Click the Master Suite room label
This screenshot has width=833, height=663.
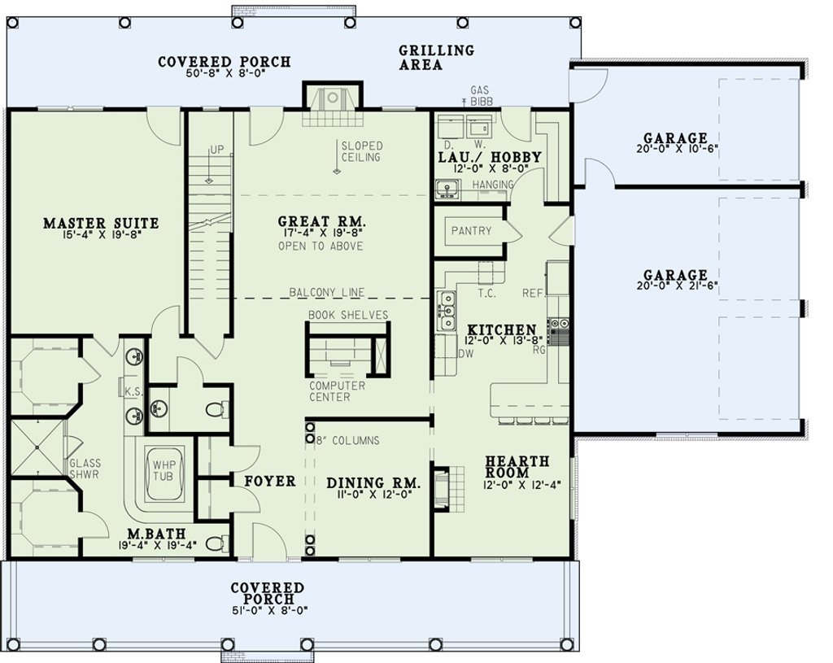[100, 223]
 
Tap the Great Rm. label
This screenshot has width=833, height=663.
[322, 221]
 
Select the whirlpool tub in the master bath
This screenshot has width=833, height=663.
[163, 473]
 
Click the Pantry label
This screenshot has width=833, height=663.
[471, 231]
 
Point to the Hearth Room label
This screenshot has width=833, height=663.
[517, 466]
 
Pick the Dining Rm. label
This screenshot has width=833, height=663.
[373, 483]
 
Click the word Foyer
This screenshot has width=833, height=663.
[269, 482]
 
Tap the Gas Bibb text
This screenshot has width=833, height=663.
[480, 96]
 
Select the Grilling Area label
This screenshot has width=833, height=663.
[436, 58]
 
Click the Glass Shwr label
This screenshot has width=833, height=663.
[85, 469]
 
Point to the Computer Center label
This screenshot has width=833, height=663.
[338, 391]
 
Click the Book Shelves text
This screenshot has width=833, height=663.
[348, 315]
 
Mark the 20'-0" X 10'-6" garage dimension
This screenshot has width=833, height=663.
[677, 150]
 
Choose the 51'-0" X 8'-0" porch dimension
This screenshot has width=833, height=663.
[268, 610]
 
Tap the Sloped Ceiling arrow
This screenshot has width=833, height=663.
[336, 157]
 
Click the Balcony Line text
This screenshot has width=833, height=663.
[327, 292]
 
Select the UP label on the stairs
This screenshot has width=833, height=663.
[216, 150]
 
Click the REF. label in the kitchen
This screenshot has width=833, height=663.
[533, 293]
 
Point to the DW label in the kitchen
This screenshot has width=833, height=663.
[465, 354]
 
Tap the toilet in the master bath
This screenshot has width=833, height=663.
[215, 543]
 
